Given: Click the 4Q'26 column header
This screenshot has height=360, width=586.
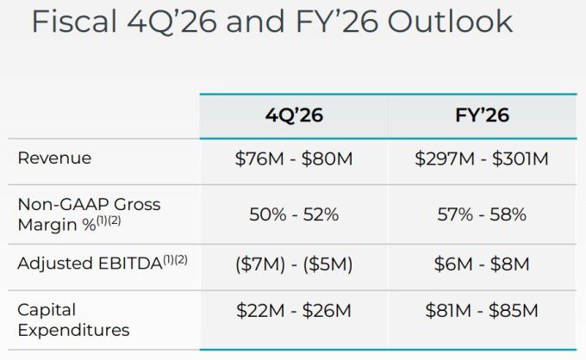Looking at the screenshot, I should click(294, 115).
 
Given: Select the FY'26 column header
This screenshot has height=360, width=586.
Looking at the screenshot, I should click(481, 115).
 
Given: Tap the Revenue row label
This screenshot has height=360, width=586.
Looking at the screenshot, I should click(54, 158).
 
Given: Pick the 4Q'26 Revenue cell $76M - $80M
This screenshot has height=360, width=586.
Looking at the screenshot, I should click(294, 159).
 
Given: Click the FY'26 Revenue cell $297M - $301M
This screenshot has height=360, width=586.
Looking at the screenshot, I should click(481, 159).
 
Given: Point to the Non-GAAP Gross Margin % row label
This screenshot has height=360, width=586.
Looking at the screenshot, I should click(89, 214).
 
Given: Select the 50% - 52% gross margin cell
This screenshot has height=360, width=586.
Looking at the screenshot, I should click(294, 214).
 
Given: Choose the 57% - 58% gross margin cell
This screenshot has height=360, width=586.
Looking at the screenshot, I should click(481, 214).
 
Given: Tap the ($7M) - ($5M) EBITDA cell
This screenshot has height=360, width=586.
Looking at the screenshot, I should click(294, 264).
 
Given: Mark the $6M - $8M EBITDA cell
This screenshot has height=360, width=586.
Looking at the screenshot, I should click(481, 264).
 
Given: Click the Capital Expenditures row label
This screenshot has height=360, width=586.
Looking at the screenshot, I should click(73, 319).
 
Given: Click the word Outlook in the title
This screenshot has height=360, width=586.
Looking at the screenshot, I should click(450, 22).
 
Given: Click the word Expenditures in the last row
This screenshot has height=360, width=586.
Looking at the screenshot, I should click(73, 330).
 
